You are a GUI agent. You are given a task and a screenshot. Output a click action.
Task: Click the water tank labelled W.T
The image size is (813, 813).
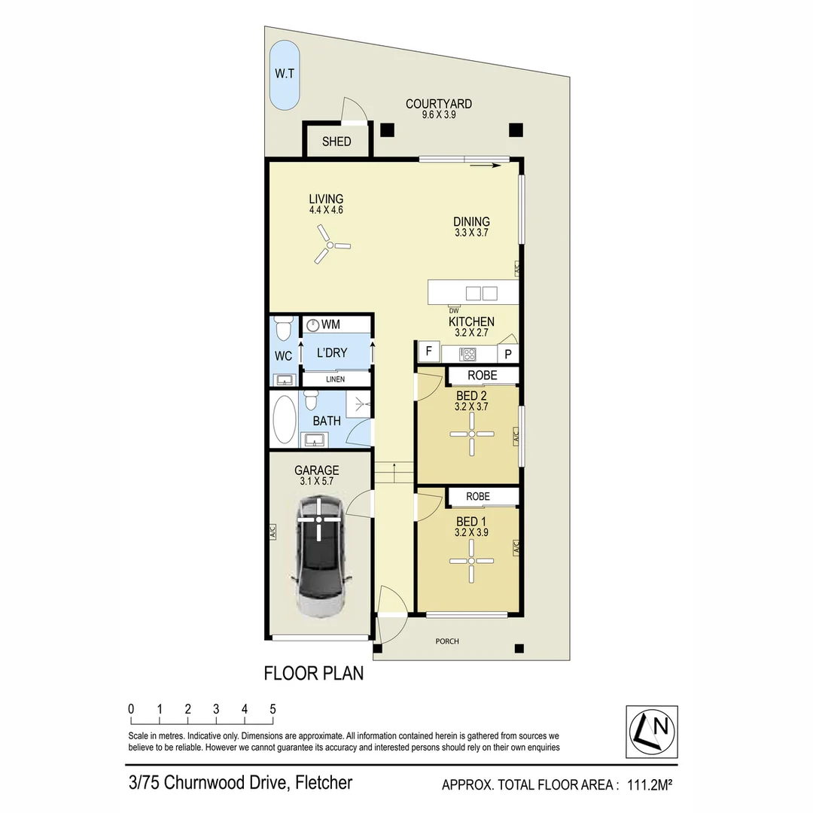(284, 75)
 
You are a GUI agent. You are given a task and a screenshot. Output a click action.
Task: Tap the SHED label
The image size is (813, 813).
(336, 142)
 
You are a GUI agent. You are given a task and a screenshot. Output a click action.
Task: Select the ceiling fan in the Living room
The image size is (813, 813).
(330, 245)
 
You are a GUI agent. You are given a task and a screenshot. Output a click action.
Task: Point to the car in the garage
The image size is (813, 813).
(319, 556)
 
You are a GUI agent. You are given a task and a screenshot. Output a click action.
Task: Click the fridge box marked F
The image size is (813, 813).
(429, 351)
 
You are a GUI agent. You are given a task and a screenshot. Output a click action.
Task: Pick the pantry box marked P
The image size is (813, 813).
(508, 354)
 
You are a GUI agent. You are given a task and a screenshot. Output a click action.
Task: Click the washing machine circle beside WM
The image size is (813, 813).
(312, 325)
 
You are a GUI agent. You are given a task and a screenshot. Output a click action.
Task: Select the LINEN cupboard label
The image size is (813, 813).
(336, 379)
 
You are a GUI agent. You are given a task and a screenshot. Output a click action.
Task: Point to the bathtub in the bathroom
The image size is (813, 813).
(284, 419)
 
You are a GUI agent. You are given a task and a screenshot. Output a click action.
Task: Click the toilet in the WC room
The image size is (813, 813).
(283, 327)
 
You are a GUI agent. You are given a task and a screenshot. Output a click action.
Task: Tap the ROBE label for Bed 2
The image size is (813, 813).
(483, 375)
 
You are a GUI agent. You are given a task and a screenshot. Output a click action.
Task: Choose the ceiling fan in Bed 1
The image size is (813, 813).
(471, 561)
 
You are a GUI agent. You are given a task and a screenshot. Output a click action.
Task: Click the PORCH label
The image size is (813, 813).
(447, 641)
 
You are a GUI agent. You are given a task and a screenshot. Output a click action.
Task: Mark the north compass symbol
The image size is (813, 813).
(652, 732)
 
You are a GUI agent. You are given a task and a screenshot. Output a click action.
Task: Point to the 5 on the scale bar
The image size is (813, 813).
(273, 709)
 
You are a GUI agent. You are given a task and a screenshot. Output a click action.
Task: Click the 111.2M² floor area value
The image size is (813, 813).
(650, 784)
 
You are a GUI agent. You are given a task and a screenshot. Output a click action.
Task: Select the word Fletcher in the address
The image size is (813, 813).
(324, 782)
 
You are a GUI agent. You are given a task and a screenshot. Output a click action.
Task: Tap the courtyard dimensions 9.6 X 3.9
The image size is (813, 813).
(439, 114)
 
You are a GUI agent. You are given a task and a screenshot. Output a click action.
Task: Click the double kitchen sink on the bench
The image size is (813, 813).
(482, 294)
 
